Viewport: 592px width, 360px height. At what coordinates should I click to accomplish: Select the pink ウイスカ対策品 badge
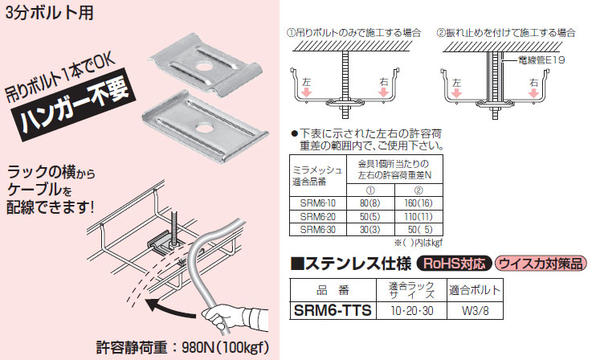tap(541, 263)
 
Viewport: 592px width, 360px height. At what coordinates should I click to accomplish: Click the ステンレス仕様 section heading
tap(350, 263)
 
